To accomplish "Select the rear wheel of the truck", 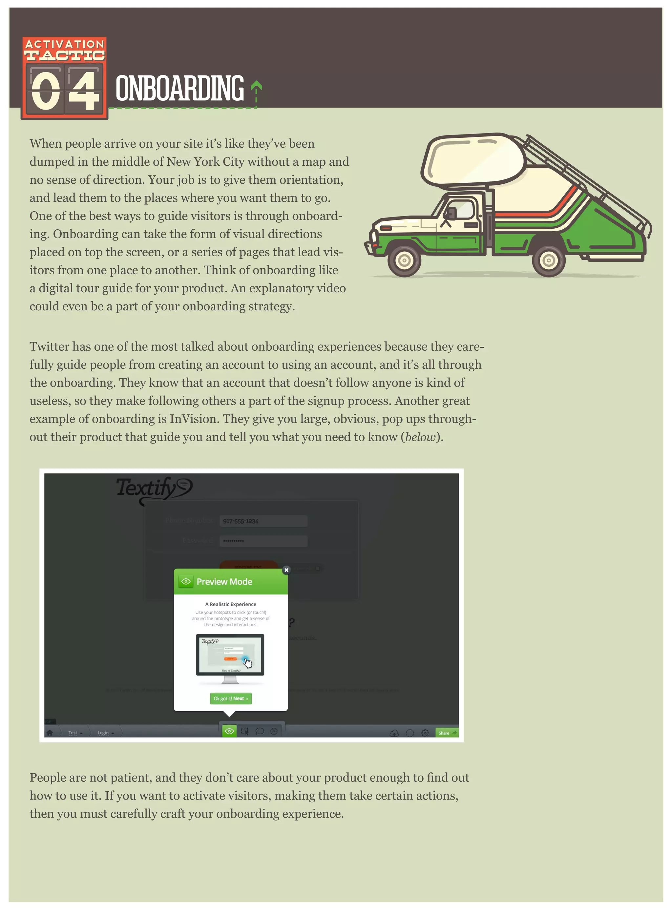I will (x=548, y=260).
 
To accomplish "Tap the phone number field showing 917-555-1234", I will (x=263, y=521).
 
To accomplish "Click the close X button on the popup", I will (x=286, y=570).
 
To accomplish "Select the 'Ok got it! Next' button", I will (x=231, y=698).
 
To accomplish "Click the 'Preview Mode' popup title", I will (x=224, y=582).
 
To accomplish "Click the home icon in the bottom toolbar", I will (x=50, y=733).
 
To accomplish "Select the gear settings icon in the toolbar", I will (x=425, y=733).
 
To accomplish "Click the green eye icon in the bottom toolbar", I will (x=229, y=731).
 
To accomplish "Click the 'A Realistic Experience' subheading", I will (x=231, y=604).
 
